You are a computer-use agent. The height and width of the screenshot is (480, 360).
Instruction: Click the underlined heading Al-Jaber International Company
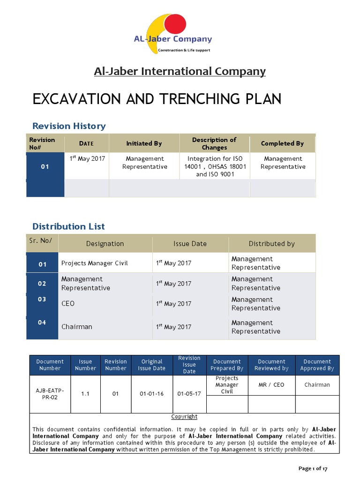(180, 71)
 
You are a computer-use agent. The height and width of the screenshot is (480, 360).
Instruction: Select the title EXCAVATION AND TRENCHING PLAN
(157, 99)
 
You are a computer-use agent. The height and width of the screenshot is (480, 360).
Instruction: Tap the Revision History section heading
(69, 126)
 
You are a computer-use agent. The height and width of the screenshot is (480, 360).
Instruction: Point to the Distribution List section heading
(68, 226)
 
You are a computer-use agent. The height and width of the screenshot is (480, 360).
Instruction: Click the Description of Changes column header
(214, 143)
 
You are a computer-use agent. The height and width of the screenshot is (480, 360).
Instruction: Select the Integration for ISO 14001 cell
(214, 166)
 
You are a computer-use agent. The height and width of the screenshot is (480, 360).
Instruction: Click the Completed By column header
(282, 143)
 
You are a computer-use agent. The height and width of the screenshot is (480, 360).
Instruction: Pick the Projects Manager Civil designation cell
(94, 263)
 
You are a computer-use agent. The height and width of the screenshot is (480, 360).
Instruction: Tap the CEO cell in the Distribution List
(68, 304)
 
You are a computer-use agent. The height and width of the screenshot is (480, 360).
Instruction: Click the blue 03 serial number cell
(42, 299)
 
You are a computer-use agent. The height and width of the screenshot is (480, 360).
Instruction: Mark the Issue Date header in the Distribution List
(190, 244)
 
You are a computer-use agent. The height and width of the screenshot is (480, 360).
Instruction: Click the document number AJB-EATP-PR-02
(50, 394)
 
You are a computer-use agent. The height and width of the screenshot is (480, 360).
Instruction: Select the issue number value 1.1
(85, 394)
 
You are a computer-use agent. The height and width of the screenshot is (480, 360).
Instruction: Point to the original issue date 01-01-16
(152, 394)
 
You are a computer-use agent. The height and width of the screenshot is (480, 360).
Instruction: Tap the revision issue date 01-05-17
(189, 394)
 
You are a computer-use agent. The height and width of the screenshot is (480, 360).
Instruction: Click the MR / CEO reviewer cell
(271, 385)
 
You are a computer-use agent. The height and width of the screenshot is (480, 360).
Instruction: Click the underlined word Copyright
(184, 417)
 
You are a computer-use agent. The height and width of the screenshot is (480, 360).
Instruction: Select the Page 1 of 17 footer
(313, 468)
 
